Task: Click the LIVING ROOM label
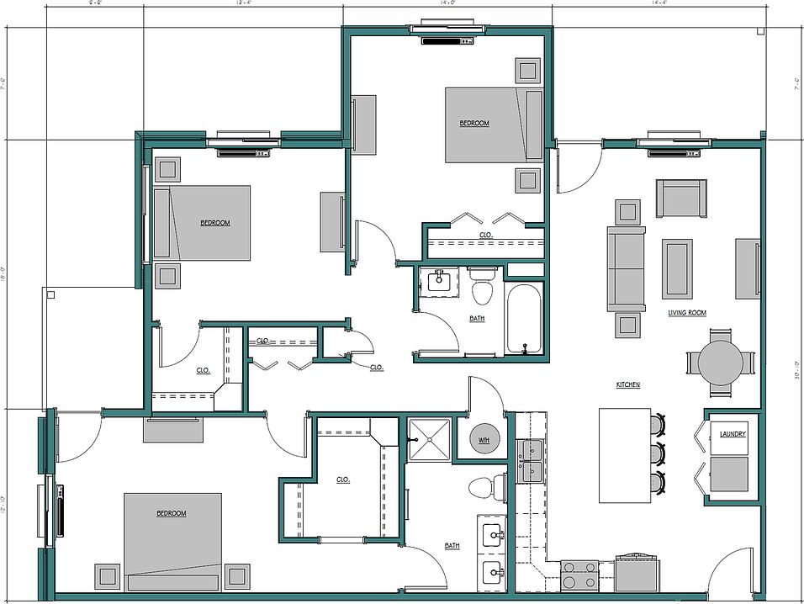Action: (687, 313)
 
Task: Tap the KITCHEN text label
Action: (627, 384)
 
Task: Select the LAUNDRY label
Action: (733, 434)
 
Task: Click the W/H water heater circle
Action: (484, 441)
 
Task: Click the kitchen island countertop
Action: (624, 455)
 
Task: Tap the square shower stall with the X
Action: (430, 438)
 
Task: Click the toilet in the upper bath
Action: (482, 287)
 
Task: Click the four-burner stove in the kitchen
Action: (579, 575)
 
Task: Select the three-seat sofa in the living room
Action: (626, 268)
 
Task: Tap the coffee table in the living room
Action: (677, 268)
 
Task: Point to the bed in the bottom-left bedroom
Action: (173, 538)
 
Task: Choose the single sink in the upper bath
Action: (439, 282)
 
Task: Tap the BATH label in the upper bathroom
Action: (477, 319)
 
